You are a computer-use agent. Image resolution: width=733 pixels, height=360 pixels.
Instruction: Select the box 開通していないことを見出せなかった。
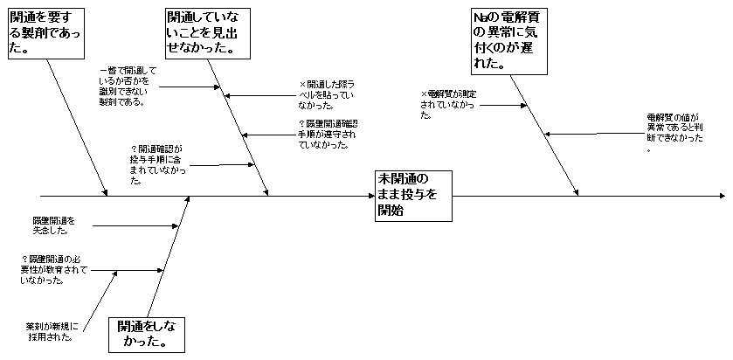[204, 33]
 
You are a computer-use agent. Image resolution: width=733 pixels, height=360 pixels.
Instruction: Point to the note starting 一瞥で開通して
[127, 86]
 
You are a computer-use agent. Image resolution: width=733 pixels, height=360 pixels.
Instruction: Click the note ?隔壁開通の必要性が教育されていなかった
[57, 269]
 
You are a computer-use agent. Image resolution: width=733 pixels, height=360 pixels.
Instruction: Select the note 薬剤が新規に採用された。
[52, 331]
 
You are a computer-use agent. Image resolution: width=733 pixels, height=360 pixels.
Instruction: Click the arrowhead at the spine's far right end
[720, 197]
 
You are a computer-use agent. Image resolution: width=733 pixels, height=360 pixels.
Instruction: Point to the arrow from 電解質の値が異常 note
[594, 134]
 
